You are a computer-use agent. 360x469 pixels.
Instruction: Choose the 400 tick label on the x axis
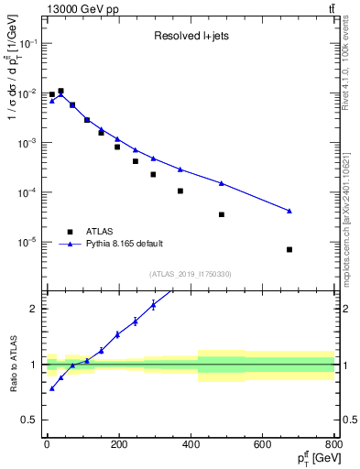tap(191, 447)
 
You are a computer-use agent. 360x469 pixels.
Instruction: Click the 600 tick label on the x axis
tap(263, 447)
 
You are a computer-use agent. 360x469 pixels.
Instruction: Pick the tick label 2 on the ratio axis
tap(34, 309)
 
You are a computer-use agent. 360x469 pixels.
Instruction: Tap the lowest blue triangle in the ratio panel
tap(52, 388)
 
